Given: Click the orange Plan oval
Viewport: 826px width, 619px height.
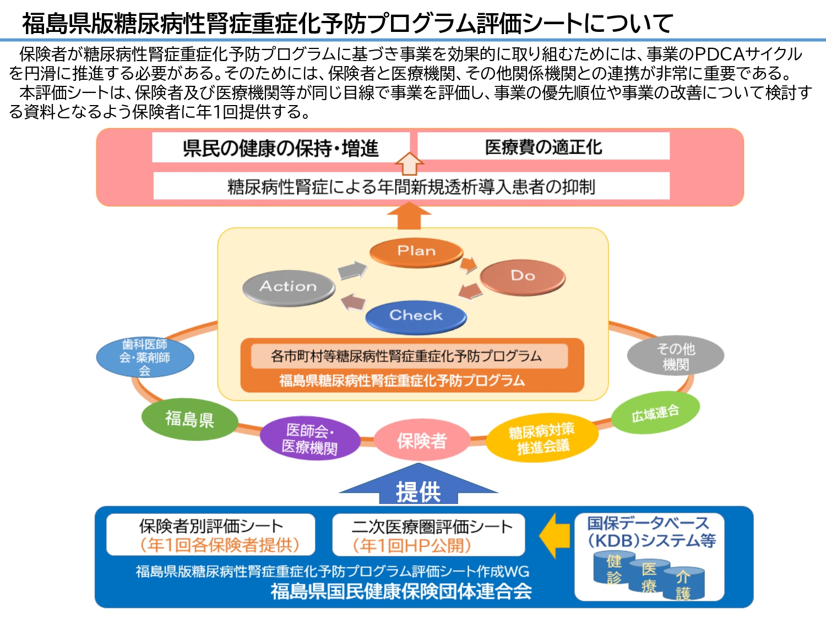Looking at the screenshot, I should pos(416,251).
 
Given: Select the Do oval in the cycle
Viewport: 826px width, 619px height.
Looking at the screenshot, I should pos(522,276).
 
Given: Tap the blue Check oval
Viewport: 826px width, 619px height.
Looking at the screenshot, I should pos(416,316).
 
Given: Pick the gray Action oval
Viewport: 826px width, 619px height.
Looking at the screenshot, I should pos(289,287).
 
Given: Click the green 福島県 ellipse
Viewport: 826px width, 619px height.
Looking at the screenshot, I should pos(189,419).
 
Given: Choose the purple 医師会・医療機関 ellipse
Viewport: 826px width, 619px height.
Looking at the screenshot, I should pos(309,439).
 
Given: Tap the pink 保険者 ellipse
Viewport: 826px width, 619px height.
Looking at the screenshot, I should pos(422,440).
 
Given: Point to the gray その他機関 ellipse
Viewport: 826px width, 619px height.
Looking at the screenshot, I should pos(675,356).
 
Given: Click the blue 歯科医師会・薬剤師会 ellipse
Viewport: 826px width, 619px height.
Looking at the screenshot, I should pos(145,357).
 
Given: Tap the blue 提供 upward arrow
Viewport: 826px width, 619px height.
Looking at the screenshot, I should pos(419,486).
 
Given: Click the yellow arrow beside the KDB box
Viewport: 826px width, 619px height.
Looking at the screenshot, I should pos(555,535).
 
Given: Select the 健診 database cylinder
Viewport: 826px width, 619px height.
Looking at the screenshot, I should pos(613,568).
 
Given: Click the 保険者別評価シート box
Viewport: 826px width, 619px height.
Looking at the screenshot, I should pos(211,535).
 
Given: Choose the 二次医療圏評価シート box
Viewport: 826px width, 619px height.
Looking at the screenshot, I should pos(428,535).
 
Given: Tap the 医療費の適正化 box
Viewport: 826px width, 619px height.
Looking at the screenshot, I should pos(543,147).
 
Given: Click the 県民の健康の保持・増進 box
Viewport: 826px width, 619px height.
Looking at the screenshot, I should pos(281,148).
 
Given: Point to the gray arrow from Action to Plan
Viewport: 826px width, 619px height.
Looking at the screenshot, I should pos(352,270).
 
